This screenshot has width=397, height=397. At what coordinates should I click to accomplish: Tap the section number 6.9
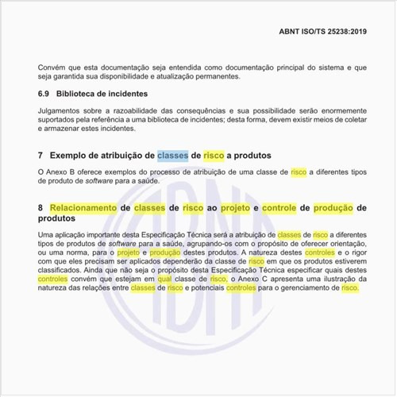tap(45, 94)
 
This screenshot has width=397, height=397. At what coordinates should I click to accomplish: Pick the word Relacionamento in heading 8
tap(83, 207)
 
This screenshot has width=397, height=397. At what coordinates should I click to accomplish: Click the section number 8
tap(40, 207)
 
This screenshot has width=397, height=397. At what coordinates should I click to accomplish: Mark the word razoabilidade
tap(135, 110)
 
